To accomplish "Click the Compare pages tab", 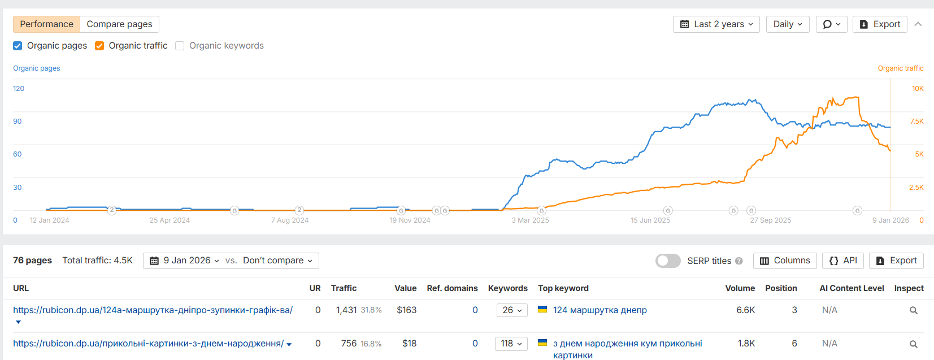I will (119, 24).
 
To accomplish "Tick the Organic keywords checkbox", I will (180, 46).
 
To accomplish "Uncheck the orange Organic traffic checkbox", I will (99, 46).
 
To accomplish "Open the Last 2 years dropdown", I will (716, 24).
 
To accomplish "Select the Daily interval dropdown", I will (787, 24).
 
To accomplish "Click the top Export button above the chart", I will (880, 24).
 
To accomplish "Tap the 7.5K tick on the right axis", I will (916, 122).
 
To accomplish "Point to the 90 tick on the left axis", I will (18, 122).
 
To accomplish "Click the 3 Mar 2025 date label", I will (530, 220).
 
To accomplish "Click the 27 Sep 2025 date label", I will (770, 220).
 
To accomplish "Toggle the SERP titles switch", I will (668, 261).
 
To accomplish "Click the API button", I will (843, 261).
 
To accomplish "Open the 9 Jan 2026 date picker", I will (185, 261).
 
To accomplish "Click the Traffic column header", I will (344, 288).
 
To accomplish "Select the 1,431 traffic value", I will (346, 310).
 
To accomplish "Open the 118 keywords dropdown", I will (511, 344).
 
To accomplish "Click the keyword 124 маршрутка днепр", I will (600, 310).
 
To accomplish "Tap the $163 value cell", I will (406, 310).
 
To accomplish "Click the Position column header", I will (781, 288).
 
